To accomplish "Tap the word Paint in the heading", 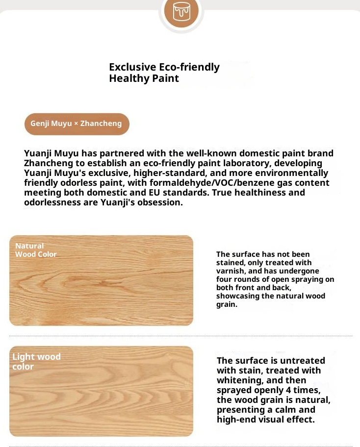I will point(165,78).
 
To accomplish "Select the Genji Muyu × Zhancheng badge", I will point(77,124).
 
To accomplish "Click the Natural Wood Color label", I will point(35,250).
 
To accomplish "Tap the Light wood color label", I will point(36,362).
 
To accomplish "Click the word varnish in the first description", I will point(231,271).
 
